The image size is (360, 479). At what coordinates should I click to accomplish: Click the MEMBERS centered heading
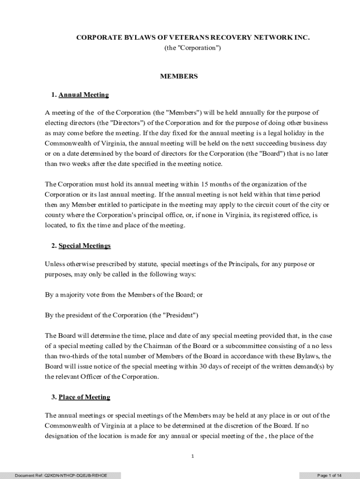(x=179, y=76)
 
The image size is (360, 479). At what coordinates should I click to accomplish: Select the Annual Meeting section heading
(x=84, y=95)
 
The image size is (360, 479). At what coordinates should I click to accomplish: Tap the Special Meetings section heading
(x=85, y=246)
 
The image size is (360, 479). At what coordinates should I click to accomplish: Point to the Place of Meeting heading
(x=84, y=397)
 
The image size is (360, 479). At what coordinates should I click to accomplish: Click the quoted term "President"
(x=180, y=315)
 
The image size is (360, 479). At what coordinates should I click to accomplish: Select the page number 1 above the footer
(x=192, y=457)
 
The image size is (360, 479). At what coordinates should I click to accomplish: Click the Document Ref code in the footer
(x=61, y=475)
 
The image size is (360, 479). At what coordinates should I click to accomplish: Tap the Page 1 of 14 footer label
(x=330, y=475)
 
